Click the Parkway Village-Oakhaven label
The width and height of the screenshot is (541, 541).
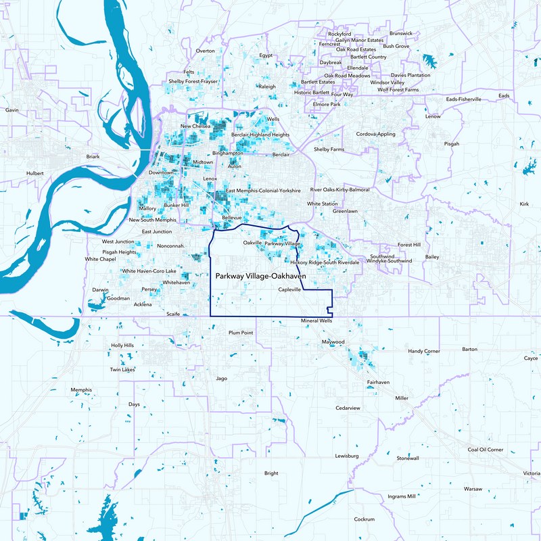click(x=260, y=277)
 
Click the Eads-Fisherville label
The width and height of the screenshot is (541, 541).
click(x=464, y=99)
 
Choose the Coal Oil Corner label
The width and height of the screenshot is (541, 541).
click(x=486, y=450)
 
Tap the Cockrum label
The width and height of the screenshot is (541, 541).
click(x=364, y=519)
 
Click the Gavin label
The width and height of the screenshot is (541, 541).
click(x=11, y=110)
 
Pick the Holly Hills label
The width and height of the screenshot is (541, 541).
click(x=122, y=346)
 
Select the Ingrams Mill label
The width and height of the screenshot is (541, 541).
click(x=402, y=496)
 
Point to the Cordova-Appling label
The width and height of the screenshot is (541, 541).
click(x=376, y=134)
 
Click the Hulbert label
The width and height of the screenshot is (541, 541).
click(x=34, y=173)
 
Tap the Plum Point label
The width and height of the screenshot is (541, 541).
click(x=241, y=333)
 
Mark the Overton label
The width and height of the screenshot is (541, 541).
click(x=205, y=51)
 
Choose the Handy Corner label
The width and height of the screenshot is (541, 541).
click(x=424, y=352)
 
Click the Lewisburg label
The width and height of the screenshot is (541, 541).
click(x=346, y=456)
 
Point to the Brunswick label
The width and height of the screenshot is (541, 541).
click(x=401, y=33)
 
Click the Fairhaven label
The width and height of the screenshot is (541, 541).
click(x=378, y=382)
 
